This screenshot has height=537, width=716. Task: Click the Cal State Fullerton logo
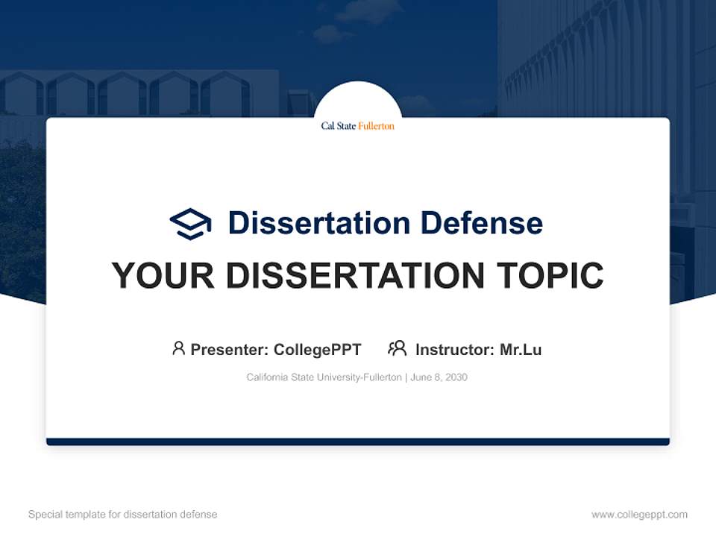point(357,126)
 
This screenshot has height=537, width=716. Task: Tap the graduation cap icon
point(190,223)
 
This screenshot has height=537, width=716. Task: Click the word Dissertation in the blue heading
point(318,223)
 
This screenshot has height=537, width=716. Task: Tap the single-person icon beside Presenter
point(178,348)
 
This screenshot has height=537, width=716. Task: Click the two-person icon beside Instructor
point(397,348)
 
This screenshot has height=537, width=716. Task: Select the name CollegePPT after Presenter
point(317,350)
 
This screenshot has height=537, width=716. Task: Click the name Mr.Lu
point(521,350)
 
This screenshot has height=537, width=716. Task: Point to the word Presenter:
point(230,350)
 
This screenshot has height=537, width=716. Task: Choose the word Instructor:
point(455,350)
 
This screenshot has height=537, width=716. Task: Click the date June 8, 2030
point(439,377)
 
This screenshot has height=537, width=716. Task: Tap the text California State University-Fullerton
point(324,377)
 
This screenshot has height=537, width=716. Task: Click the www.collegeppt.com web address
point(639,515)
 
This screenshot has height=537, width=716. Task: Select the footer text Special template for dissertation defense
point(122,515)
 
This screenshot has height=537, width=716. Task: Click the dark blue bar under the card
point(357,442)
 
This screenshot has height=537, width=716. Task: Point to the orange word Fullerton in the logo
point(376,126)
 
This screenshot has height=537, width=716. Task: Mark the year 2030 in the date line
point(456,377)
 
